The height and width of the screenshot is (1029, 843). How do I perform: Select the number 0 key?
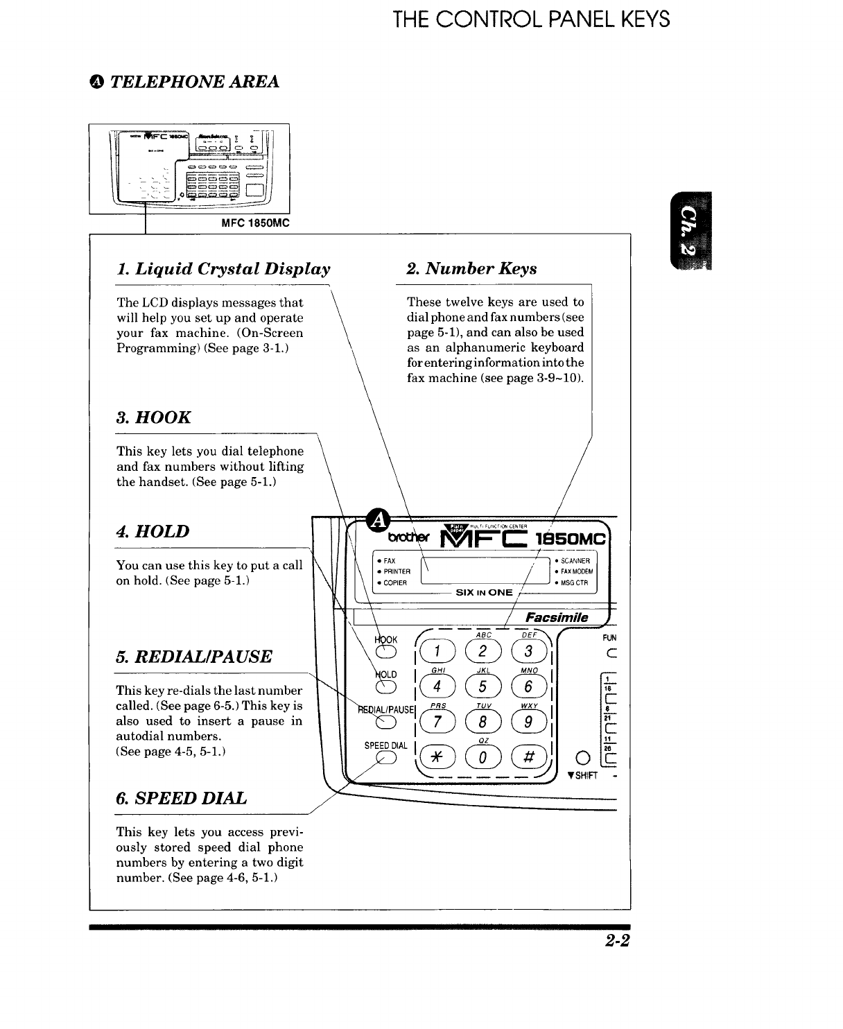pos(481,757)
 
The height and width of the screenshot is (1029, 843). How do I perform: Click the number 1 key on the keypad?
pos(437,652)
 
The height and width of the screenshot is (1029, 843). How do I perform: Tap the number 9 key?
pos(527,722)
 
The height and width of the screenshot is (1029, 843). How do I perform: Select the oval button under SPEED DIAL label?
pos(385,758)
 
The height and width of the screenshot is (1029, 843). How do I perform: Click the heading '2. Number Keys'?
pos(471,268)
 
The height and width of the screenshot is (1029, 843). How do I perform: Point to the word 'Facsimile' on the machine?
pos(557,617)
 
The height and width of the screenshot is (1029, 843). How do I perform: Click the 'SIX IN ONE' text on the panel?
pos(484,592)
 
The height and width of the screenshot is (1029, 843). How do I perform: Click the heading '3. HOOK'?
pos(153,417)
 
